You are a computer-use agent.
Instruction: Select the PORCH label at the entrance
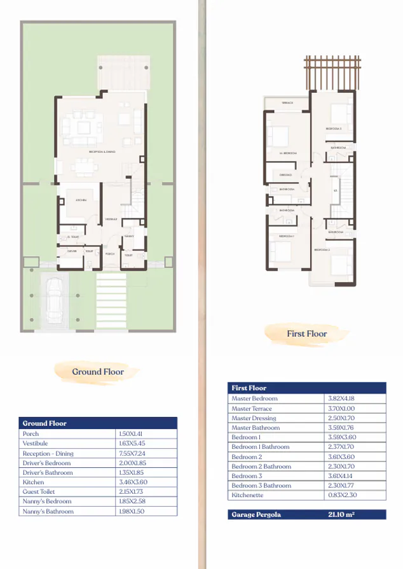(110, 253)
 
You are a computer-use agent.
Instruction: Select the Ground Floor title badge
(97, 372)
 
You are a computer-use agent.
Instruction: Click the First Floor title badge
(306, 334)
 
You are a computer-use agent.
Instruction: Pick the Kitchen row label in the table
(33, 482)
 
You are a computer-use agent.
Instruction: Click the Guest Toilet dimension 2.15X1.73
(131, 492)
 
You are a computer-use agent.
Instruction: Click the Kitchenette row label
(248, 495)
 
